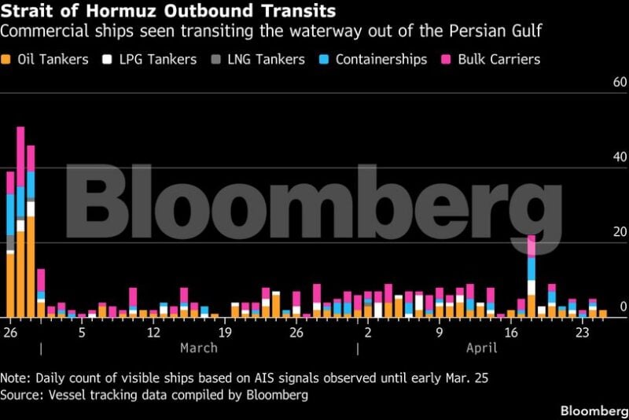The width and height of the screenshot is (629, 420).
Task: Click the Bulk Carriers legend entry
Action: pyautogui.click(x=496, y=60)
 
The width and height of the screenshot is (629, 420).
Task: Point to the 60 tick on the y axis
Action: pyautogui.click(x=619, y=83)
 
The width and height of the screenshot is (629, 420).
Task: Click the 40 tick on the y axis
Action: pyautogui.click(x=619, y=157)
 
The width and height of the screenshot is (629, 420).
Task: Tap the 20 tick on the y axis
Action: pyautogui.click(x=619, y=232)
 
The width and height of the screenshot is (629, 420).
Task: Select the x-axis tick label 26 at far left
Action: pyautogui.click(x=10, y=332)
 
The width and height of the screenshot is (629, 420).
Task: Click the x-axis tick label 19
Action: pyautogui.click(x=225, y=332)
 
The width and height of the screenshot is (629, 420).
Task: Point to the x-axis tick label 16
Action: pyautogui.click(x=511, y=332)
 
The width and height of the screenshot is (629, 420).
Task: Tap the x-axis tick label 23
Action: pyautogui.click(x=583, y=332)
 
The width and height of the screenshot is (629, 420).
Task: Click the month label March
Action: pyautogui.click(x=199, y=348)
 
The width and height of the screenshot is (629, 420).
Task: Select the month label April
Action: pyautogui.click(x=482, y=348)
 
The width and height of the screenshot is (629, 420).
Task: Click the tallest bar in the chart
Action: pyautogui.click(x=20, y=220)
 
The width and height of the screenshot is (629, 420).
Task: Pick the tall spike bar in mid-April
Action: pyautogui.click(x=532, y=275)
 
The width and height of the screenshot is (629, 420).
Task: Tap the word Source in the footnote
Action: pyautogui.click(x=20, y=394)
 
